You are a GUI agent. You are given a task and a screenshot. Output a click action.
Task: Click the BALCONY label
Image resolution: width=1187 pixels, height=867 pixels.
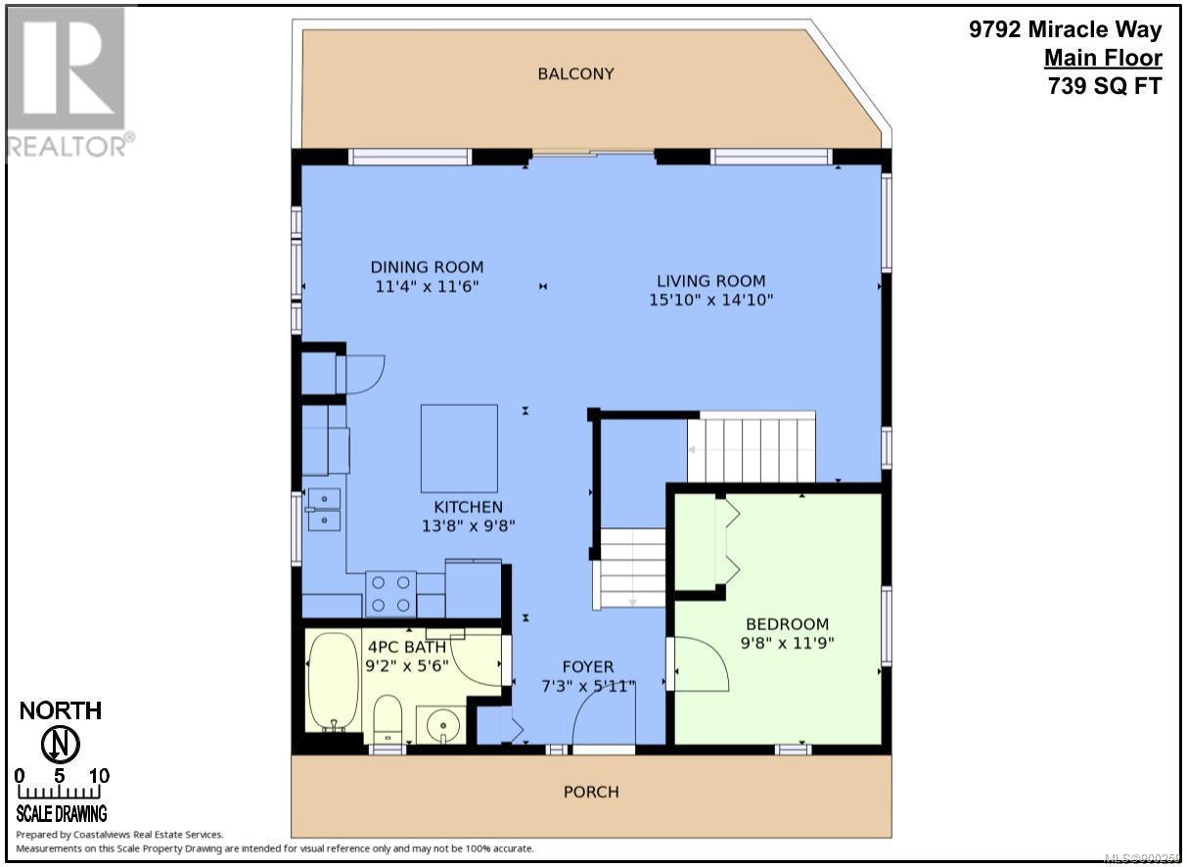(575, 73)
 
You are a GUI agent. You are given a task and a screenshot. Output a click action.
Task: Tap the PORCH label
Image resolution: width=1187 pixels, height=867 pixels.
(591, 793)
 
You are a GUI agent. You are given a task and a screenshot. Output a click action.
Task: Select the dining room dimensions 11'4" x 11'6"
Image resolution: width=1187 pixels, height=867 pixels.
(427, 287)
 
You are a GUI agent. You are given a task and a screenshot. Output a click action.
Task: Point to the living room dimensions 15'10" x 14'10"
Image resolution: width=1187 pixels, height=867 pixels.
(711, 300)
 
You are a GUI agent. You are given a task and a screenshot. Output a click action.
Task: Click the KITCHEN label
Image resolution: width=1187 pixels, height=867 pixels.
(468, 507)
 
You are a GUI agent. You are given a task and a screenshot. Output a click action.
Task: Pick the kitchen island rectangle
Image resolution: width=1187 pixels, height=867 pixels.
(459, 448)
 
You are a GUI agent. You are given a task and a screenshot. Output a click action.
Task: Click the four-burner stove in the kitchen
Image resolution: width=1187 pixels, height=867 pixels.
(390, 594)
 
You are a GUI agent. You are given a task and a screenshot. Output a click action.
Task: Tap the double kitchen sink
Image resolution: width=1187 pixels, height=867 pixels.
(324, 509)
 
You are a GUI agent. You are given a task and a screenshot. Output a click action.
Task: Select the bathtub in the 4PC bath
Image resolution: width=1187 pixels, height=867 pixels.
(333, 683)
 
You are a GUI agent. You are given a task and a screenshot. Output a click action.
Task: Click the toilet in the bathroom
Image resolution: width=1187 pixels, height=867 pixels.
(388, 719)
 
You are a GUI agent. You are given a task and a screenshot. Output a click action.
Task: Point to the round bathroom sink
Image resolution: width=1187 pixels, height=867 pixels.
(442, 725)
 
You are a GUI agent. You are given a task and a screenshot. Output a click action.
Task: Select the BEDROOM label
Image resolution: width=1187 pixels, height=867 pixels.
(787, 623)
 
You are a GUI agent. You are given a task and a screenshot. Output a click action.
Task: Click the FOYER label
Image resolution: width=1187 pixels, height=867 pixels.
(588, 666)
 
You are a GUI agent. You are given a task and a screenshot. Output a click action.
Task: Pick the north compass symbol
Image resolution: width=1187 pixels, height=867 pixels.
(61, 745)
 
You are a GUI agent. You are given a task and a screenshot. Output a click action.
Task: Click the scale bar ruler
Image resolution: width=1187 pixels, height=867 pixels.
(60, 792)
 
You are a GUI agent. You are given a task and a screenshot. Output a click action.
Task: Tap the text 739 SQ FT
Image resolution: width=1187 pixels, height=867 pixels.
(1105, 86)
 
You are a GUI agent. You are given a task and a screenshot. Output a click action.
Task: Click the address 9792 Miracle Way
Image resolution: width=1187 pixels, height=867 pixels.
(1066, 29)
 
